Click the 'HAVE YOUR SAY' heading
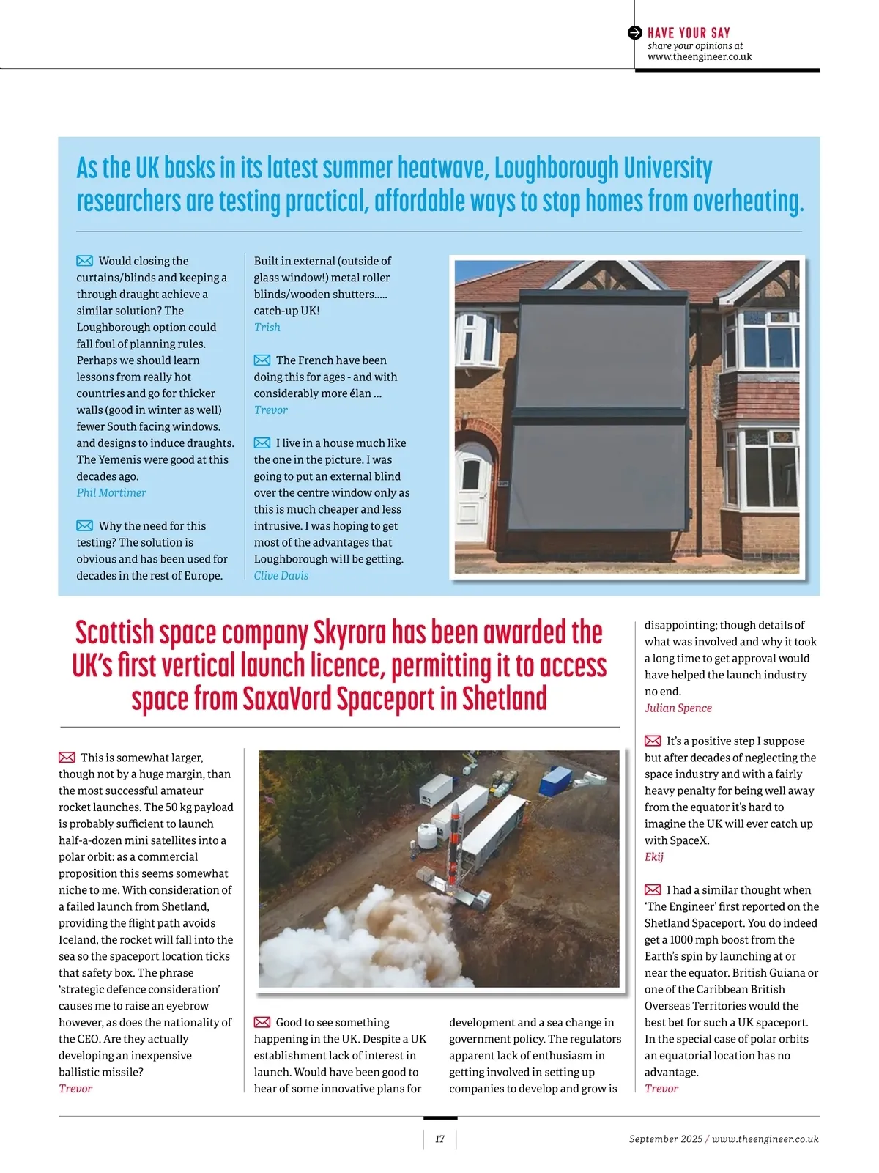[689, 32]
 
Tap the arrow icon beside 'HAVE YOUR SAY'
[635, 32]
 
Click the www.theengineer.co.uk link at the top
[699, 56]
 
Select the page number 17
[439, 1139]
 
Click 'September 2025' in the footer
[665, 1139]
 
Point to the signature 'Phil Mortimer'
[111, 492]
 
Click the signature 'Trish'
[267, 327]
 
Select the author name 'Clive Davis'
[281, 575]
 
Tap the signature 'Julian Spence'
[678, 708]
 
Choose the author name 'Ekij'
[653, 856]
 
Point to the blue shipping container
[555, 780]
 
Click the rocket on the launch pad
[456, 843]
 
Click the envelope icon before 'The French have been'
[262, 360]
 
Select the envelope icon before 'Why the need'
[85, 525]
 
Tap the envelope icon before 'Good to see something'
[262, 1022]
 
